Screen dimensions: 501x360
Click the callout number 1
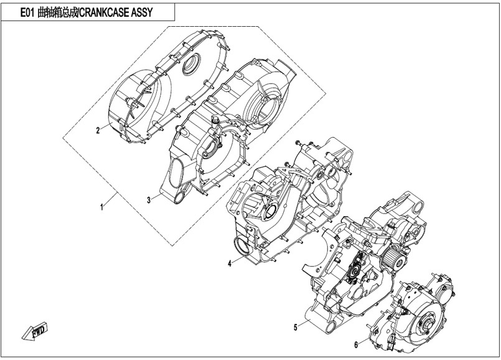tap(102, 207)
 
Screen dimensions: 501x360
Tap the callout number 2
tap(98, 130)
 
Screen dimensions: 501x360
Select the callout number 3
tap(149, 200)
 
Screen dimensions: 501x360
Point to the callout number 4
tap(230, 263)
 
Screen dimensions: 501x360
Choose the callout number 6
tap(356, 344)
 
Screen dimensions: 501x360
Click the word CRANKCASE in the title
tap(105, 12)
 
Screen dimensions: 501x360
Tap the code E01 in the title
tap(27, 12)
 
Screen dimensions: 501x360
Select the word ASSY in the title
tap(142, 12)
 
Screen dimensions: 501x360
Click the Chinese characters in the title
tap(58, 12)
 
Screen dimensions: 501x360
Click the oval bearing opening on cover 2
tap(191, 64)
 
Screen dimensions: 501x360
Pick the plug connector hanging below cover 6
tap(391, 343)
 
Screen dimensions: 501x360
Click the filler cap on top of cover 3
tap(214, 121)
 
